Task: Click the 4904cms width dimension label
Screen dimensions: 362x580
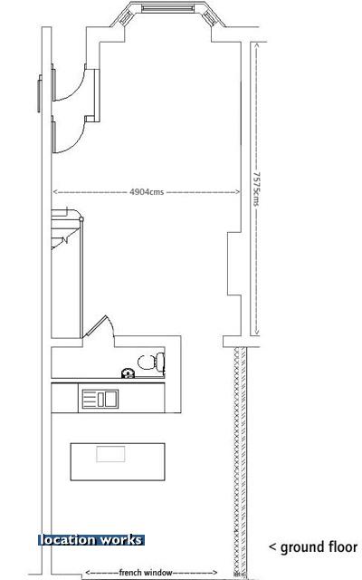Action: pos(147,192)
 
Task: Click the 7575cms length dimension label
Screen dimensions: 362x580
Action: pos(256,188)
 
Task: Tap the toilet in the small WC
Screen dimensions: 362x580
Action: pos(151,362)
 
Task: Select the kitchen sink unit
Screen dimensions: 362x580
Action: pos(100,399)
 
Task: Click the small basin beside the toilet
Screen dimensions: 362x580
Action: pos(128,373)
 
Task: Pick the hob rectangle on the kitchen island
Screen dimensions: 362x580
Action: pos(110,454)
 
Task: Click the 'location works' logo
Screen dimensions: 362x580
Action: pos(90,540)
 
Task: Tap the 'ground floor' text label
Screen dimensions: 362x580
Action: pos(319,547)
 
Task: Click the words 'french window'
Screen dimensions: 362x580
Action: pos(146,573)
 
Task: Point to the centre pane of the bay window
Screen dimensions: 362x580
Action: pos(167,8)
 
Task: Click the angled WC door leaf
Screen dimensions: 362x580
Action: pos(95,326)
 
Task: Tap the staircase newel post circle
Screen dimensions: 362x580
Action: pos(81,219)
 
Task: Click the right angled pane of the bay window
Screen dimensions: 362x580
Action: pos(209,18)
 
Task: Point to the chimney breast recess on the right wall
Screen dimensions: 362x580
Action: pos(233,264)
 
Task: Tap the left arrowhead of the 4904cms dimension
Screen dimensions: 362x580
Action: pos(55,192)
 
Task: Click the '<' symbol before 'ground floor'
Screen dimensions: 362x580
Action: pos(272,547)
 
